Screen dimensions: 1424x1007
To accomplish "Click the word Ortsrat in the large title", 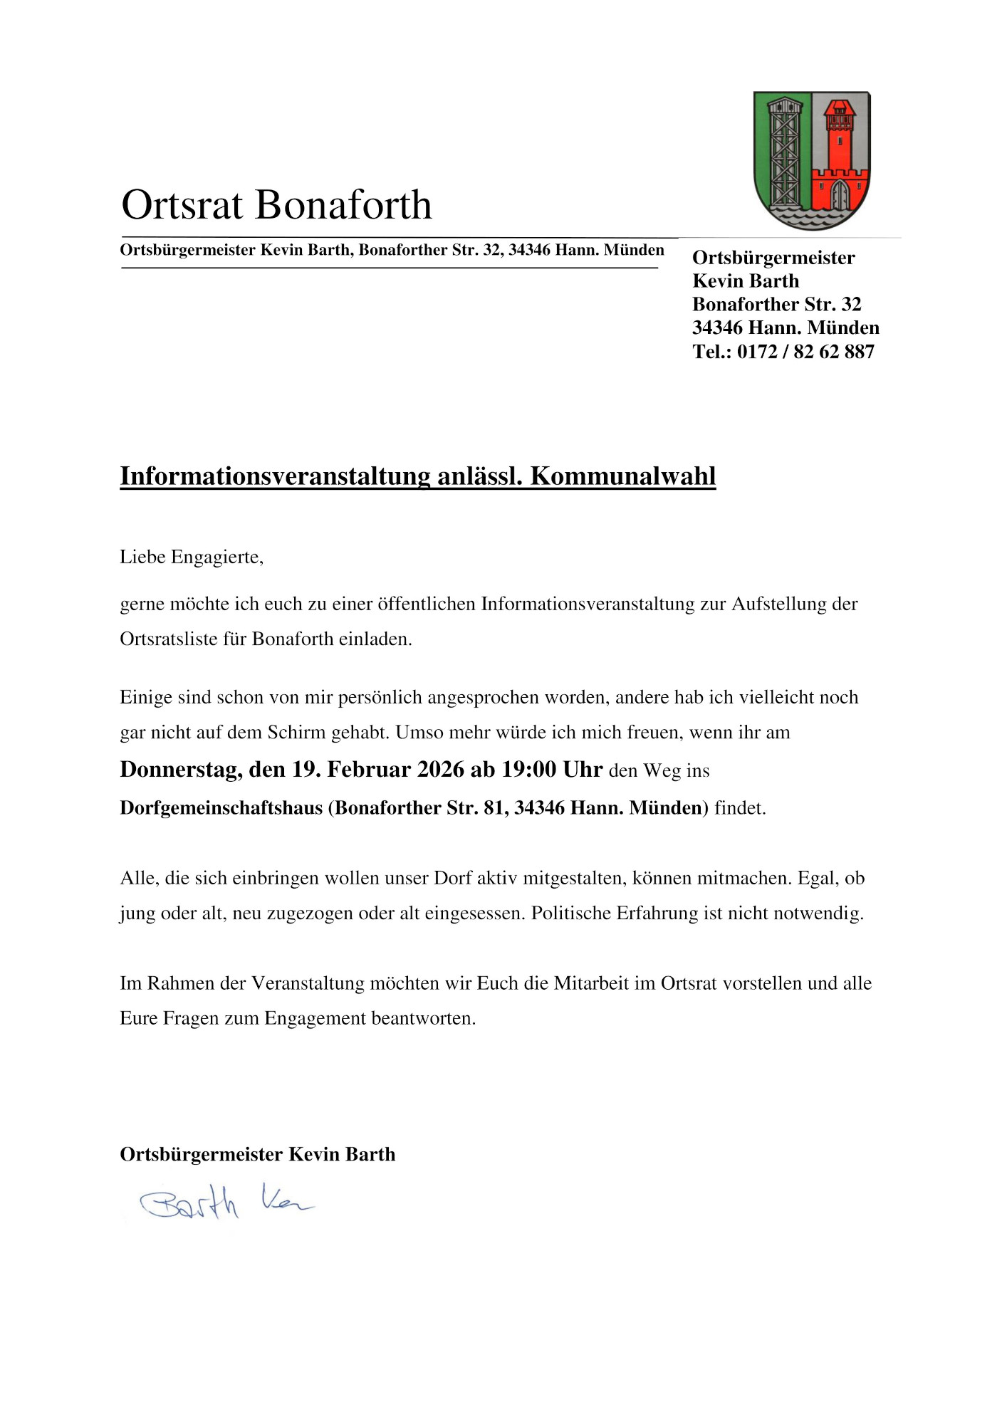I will (182, 205).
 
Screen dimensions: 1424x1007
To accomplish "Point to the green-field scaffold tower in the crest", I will (785, 153).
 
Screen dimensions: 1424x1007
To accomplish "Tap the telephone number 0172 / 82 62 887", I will (805, 352).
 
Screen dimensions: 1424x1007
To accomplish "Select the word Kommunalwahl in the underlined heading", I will (623, 476).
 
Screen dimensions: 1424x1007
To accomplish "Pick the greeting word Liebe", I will (142, 557).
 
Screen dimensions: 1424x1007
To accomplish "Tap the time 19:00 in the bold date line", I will (529, 770).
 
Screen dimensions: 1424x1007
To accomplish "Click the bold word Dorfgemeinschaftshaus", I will (221, 808).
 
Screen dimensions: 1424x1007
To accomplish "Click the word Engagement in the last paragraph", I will (315, 1018).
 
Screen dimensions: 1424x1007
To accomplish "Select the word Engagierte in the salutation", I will (216, 557).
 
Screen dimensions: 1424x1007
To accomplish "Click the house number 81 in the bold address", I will (494, 808).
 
